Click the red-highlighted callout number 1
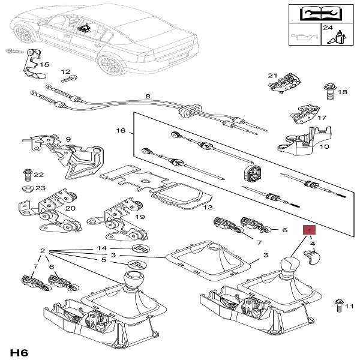[x=309, y=230]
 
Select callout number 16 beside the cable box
[x=119, y=130]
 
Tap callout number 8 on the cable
[x=148, y=95]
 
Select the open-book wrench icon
[x=311, y=13]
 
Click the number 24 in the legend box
[x=326, y=28]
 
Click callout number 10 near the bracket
[x=325, y=146]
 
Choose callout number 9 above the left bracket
[x=68, y=139]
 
